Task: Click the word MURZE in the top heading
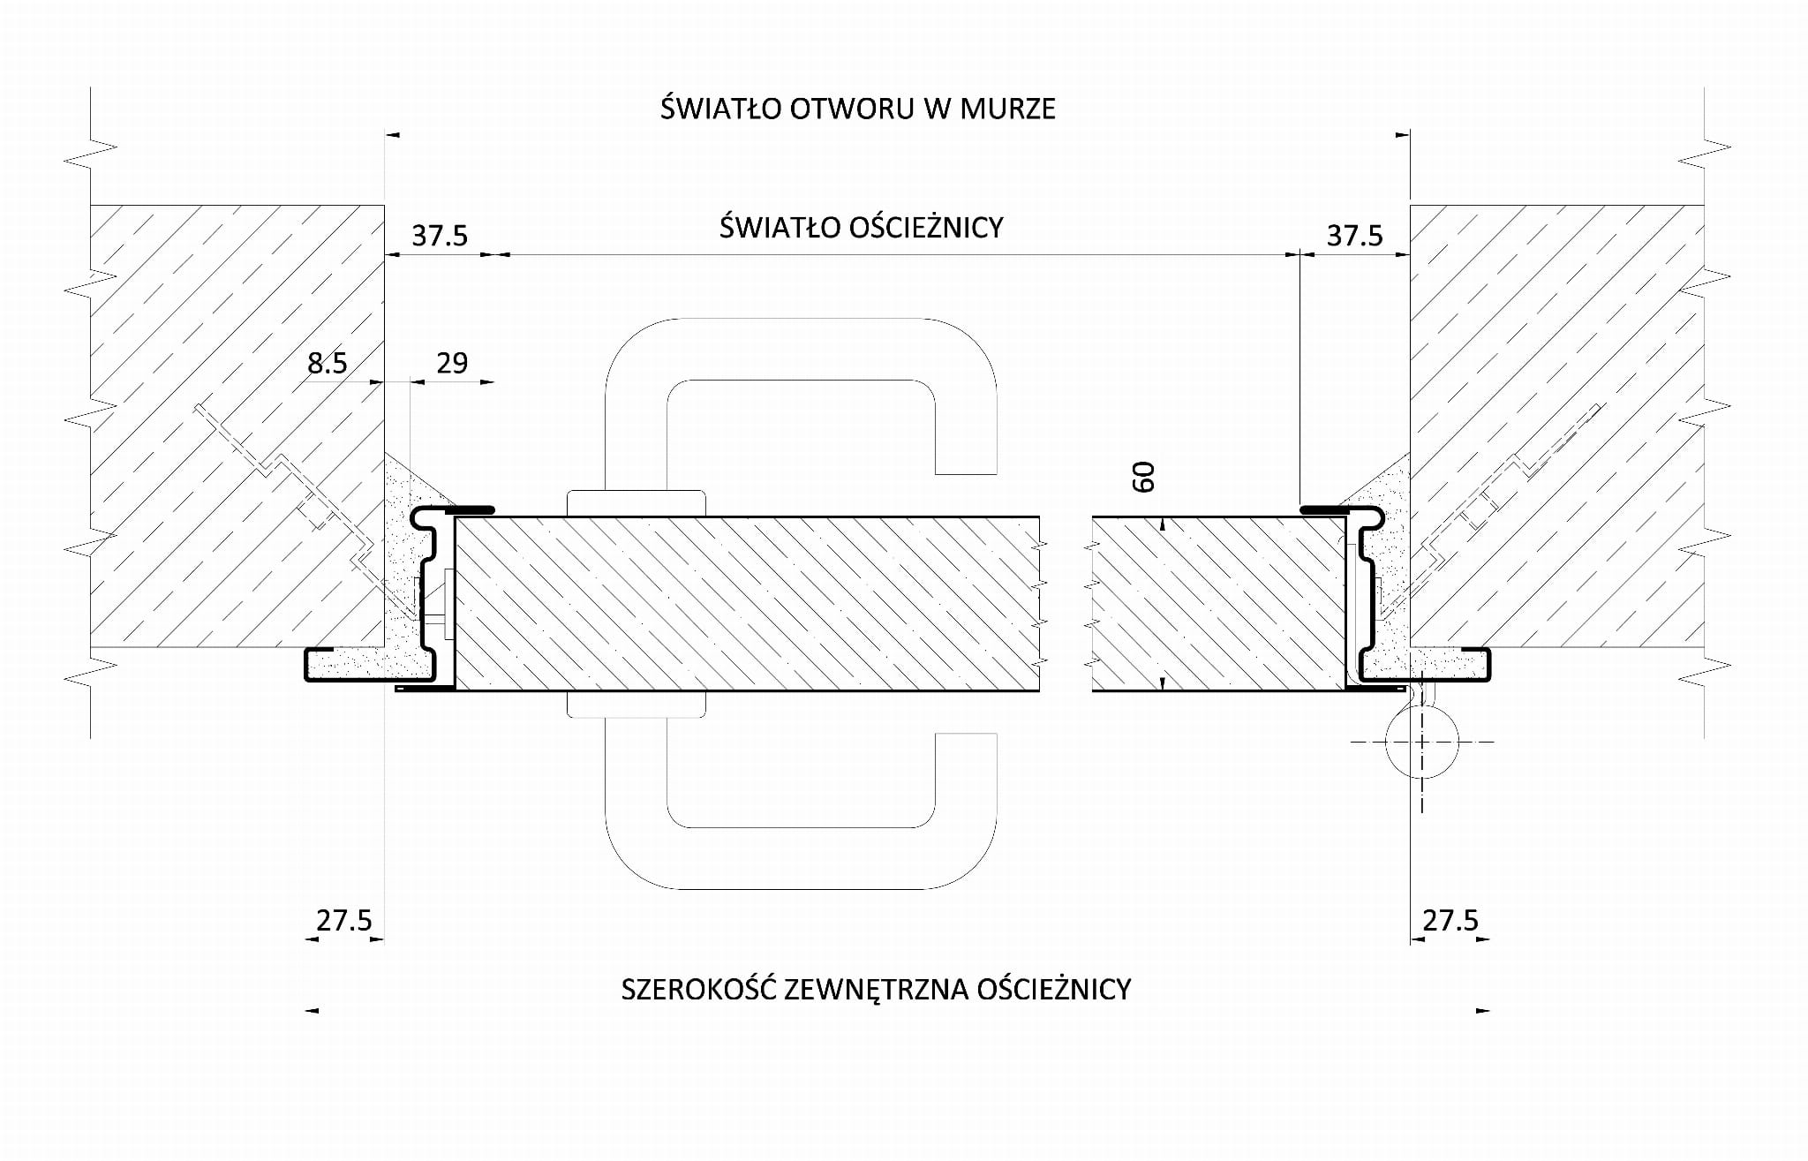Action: [x=1007, y=109]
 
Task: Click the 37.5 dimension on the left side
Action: [x=440, y=237]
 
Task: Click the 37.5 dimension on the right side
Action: [x=1354, y=237]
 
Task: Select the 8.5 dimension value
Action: [x=328, y=363]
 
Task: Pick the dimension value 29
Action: [x=452, y=363]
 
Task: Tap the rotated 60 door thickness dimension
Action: [x=1144, y=478]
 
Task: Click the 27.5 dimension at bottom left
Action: [x=344, y=921]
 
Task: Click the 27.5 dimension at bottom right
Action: [x=1450, y=921]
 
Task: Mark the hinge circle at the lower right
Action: [x=1421, y=743]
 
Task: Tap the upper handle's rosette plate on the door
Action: [x=636, y=503]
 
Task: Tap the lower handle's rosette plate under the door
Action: [x=636, y=704]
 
